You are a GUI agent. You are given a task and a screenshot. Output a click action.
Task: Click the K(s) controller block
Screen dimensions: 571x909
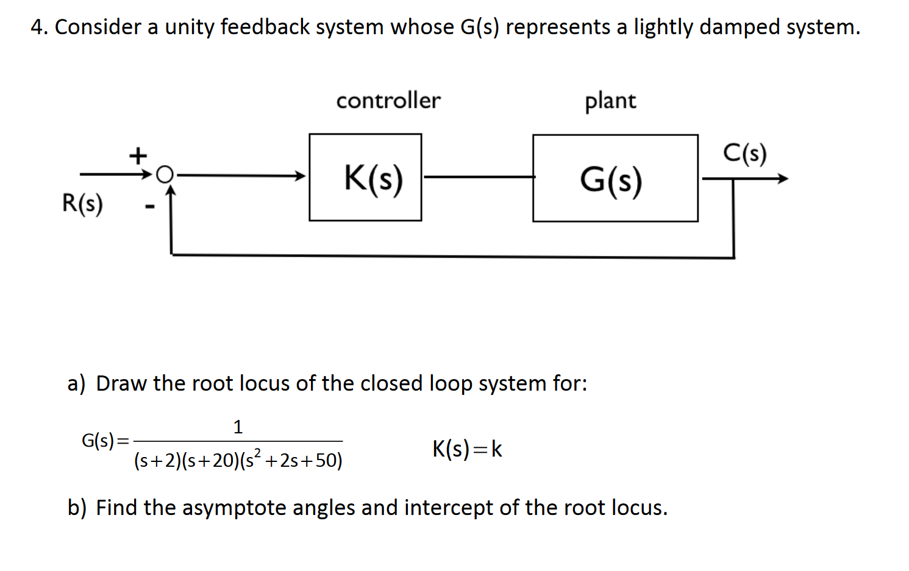pos(365,177)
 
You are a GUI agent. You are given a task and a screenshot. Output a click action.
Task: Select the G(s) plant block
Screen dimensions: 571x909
pos(615,179)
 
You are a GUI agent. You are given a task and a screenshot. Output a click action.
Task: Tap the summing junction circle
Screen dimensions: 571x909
pos(165,175)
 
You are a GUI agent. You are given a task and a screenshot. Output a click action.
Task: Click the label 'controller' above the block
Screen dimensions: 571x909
pos(388,101)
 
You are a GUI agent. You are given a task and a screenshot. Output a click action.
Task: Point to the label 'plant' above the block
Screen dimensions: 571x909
pos(610,101)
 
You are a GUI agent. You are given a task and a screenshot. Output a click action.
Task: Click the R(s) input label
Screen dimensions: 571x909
pos(82,203)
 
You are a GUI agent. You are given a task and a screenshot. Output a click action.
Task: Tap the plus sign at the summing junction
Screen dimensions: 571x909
pos(138,155)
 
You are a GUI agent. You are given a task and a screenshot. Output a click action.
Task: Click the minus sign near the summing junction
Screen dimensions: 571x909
pos(149,207)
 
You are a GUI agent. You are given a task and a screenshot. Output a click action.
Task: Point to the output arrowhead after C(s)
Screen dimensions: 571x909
pos(782,179)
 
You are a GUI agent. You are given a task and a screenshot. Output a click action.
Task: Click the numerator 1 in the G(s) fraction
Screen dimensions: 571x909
pos(238,427)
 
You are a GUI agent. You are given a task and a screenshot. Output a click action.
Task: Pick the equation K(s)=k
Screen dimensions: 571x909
pos(467,449)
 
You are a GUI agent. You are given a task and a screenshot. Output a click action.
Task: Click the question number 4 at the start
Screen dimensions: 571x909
pos(38,27)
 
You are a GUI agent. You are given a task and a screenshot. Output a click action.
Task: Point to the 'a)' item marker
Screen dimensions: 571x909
pos(76,384)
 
